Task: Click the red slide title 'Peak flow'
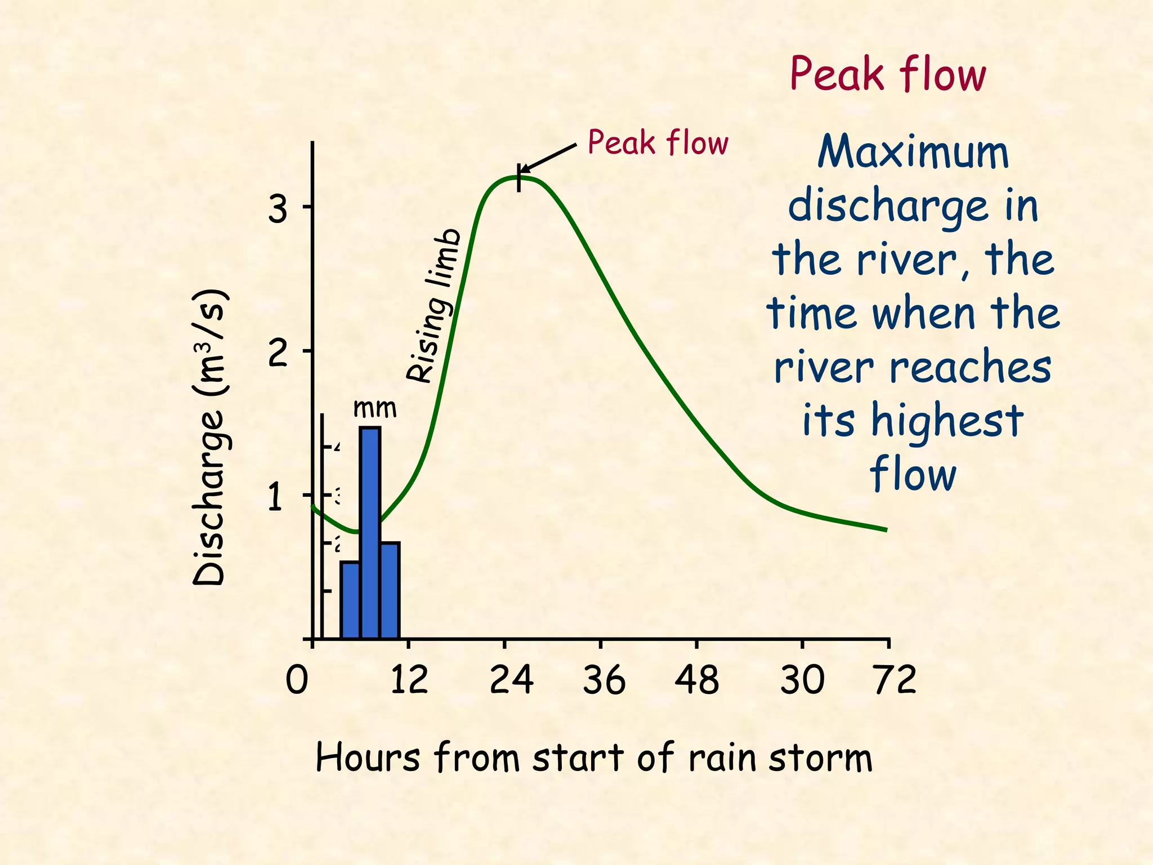point(888,74)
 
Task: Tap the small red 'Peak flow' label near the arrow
point(658,142)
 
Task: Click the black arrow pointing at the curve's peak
point(547,158)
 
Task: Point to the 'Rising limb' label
point(435,306)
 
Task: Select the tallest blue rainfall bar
point(370,532)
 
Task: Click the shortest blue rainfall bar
point(350,600)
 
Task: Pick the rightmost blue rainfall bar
point(390,590)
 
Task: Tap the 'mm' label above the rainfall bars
point(374,408)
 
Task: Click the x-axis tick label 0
point(297,680)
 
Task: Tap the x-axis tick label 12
point(409,680)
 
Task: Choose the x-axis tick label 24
point(511,680)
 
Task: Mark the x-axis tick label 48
point(697,680)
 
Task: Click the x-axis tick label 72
point(895,680)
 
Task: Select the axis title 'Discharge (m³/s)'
point(209,438)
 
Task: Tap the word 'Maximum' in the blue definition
point(913,152)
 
